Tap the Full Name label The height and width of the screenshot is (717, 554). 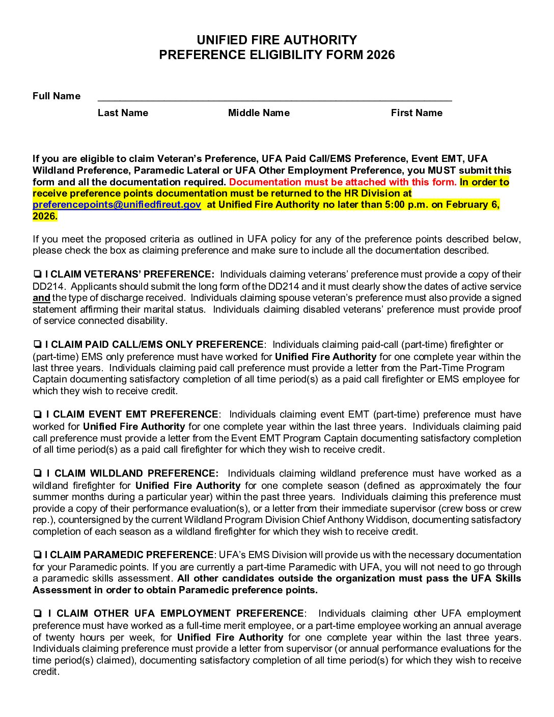(57, 96)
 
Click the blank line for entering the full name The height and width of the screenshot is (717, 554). (274, 98)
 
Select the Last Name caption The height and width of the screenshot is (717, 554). (123, 113)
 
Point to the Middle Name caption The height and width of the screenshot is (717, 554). (259, 113)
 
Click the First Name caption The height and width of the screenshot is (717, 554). (417, 113)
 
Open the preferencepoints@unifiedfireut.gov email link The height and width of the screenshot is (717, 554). (117, 205)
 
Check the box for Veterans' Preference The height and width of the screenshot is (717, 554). (37, 275)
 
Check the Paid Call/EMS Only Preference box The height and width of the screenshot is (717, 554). (37, 345)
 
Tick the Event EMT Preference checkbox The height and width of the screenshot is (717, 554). (38, 415)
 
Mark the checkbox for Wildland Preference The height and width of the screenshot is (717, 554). (38, 474)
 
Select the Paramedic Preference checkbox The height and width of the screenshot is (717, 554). (37, 555)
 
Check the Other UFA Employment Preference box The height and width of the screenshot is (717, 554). (38, 614)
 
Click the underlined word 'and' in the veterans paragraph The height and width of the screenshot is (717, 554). (41, 298)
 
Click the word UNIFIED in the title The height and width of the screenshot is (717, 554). (222, 40)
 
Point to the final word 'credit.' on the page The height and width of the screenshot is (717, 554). (46, 672)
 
